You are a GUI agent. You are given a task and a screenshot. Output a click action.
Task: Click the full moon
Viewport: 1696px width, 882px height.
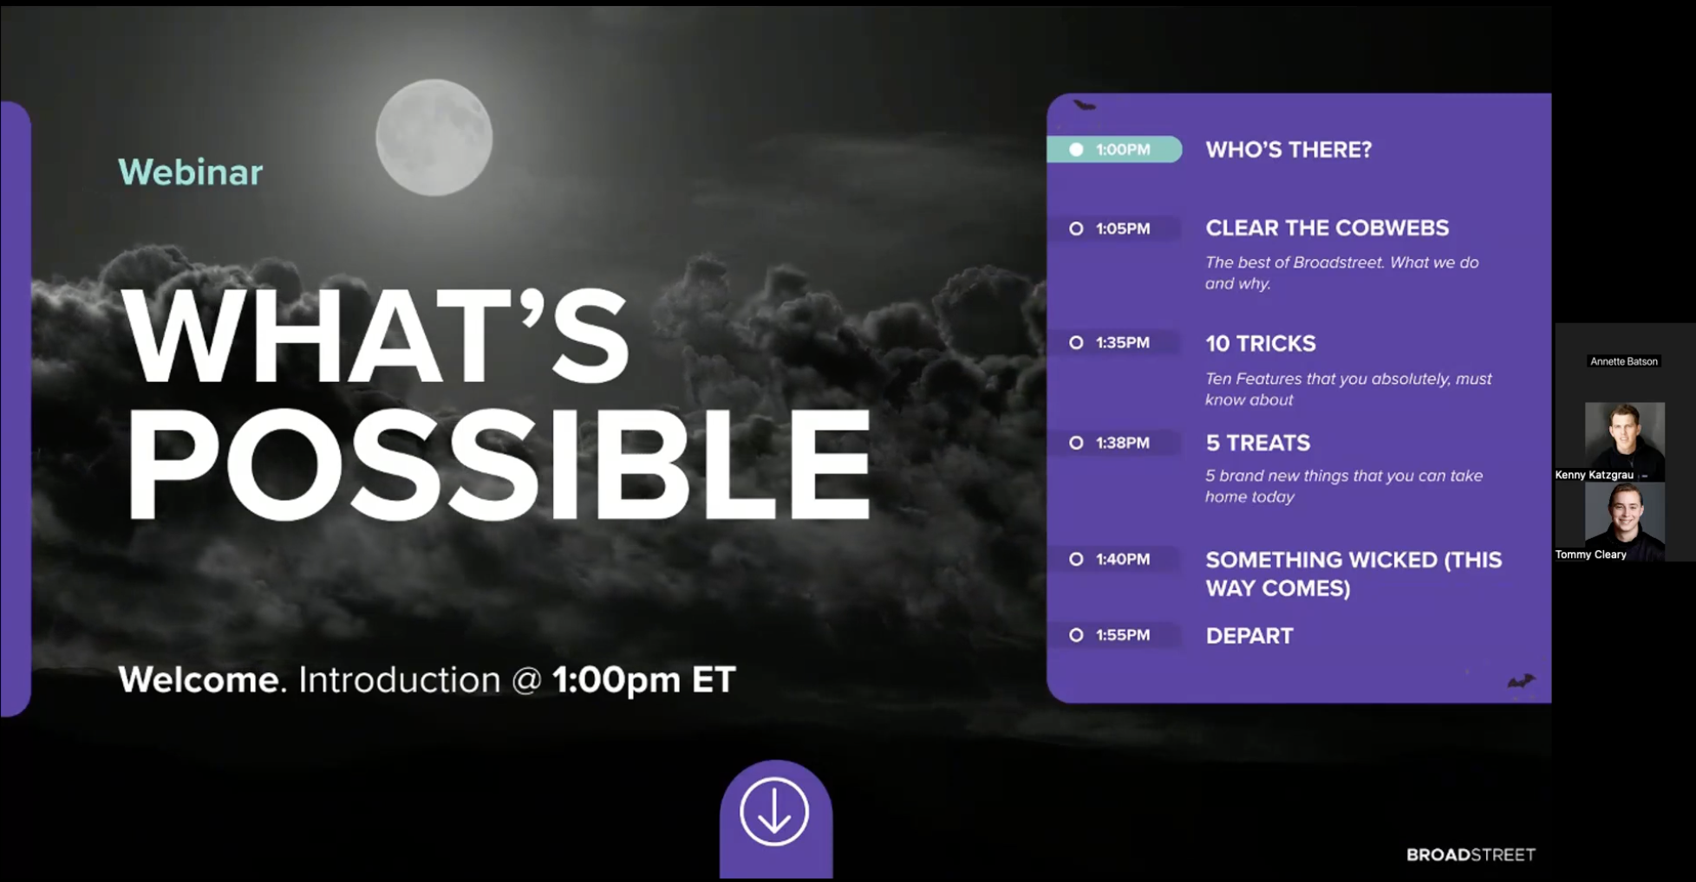[434, 137]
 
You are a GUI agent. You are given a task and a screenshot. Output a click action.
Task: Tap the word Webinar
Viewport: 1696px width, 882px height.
[191, 172]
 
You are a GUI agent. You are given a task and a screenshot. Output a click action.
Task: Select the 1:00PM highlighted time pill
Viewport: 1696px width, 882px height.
[1114, 149]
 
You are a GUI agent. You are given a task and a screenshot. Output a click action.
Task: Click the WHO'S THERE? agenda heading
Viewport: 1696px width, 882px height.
[1288, 150]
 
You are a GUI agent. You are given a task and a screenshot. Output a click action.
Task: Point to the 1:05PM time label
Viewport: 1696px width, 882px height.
[1123, 229]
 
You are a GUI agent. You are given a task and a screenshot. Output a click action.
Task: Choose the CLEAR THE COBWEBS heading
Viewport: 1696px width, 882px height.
[1327, 228]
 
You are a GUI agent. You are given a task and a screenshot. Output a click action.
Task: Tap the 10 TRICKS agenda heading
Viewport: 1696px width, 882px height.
[1261, 344]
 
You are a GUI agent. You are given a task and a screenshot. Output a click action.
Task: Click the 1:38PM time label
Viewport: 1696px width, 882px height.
[1123, 443]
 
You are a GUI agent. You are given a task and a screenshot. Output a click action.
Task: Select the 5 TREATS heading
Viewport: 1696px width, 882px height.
[1258, 443]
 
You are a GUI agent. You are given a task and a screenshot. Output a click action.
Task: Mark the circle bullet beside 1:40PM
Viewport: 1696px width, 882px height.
[1076, 560]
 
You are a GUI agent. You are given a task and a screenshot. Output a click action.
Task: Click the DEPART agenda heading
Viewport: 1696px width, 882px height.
[1249, 636]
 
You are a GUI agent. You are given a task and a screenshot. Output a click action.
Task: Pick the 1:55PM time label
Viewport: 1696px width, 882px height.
[1123, 635]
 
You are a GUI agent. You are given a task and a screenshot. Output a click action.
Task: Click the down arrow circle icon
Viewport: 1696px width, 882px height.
[774, 812]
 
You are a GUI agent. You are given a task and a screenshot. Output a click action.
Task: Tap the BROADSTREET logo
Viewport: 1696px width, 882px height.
[1471, 855]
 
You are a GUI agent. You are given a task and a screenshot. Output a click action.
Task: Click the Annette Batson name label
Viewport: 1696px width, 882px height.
[1624, 361]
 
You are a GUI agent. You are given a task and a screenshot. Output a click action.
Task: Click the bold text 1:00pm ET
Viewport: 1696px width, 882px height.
[644, 680]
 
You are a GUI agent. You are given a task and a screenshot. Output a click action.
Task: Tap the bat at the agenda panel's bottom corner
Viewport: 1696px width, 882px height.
[1521, 681]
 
